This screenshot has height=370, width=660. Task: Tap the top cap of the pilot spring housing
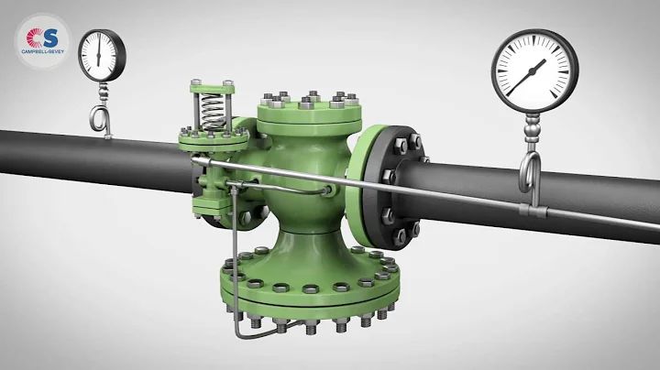point(208,85)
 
